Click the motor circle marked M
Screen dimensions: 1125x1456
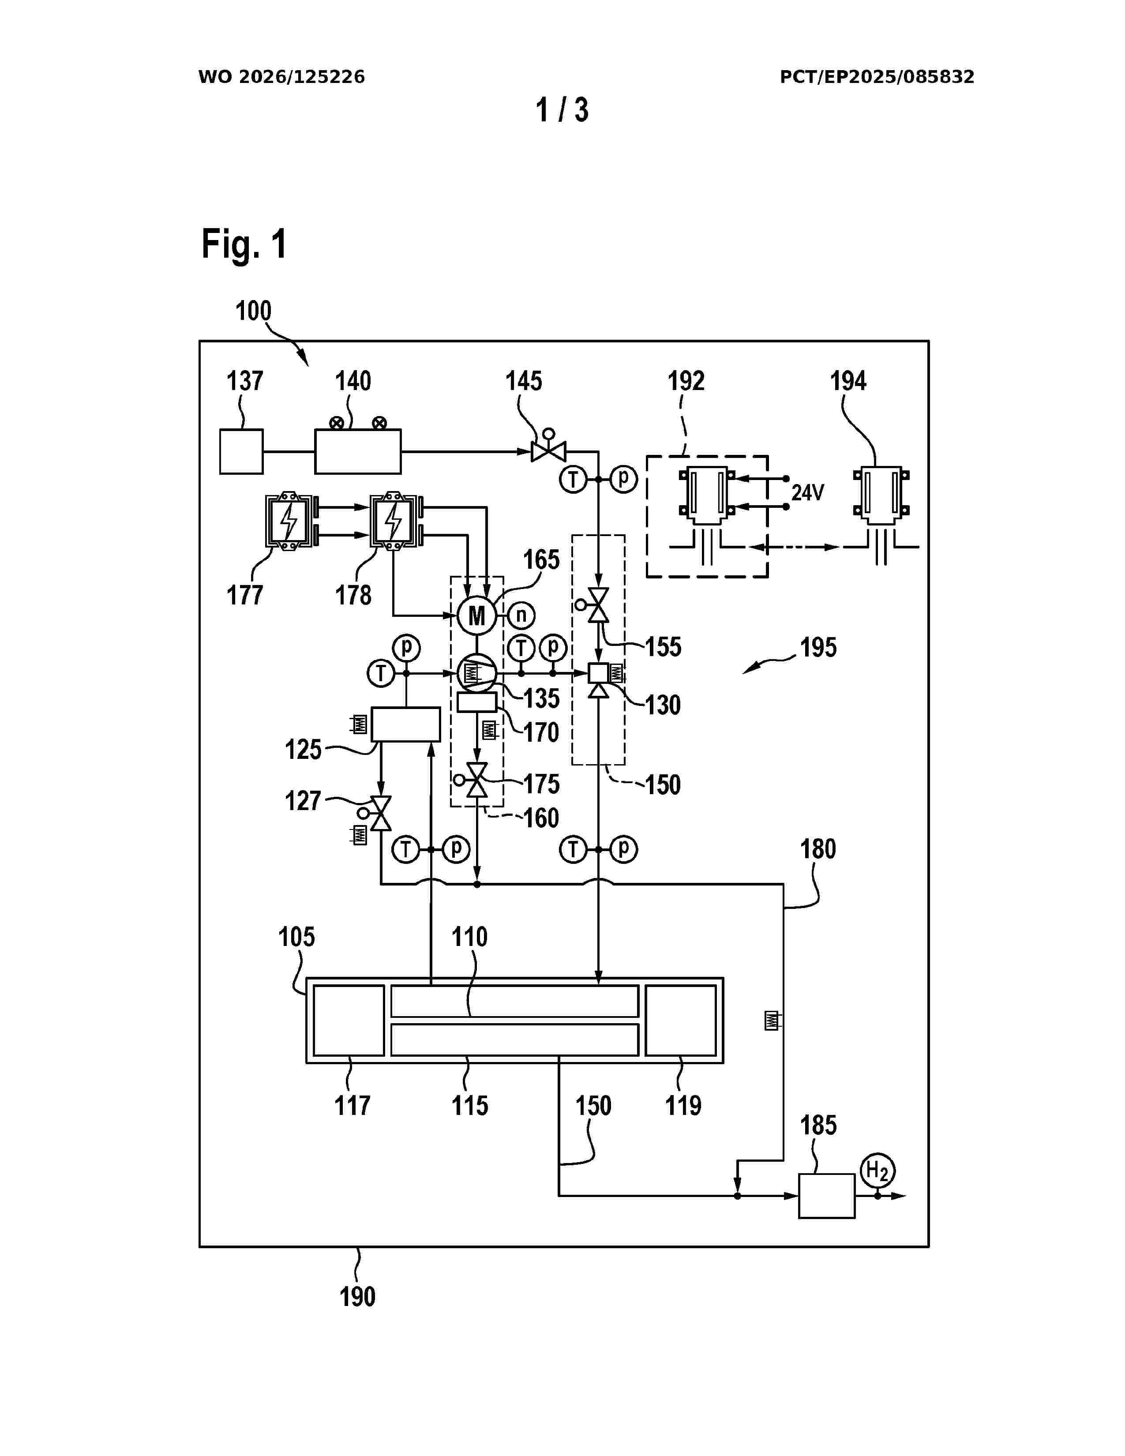(476, 615)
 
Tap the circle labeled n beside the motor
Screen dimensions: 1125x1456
(521, 615)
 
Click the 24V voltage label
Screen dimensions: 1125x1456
(808, 493)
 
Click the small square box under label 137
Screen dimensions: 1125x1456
(241, 451)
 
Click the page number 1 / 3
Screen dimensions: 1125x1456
(562, 110)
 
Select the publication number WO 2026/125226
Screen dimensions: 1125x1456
(281, 77)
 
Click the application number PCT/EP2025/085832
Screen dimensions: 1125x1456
(877, 77)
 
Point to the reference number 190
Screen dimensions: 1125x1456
(358, 1297)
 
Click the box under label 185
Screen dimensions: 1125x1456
(826, 1196)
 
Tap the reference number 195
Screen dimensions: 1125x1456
(818, 647)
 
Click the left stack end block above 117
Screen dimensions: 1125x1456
(349, 1020)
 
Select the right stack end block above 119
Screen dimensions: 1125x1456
(680, 1020)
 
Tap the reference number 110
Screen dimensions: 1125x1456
(470, 937)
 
